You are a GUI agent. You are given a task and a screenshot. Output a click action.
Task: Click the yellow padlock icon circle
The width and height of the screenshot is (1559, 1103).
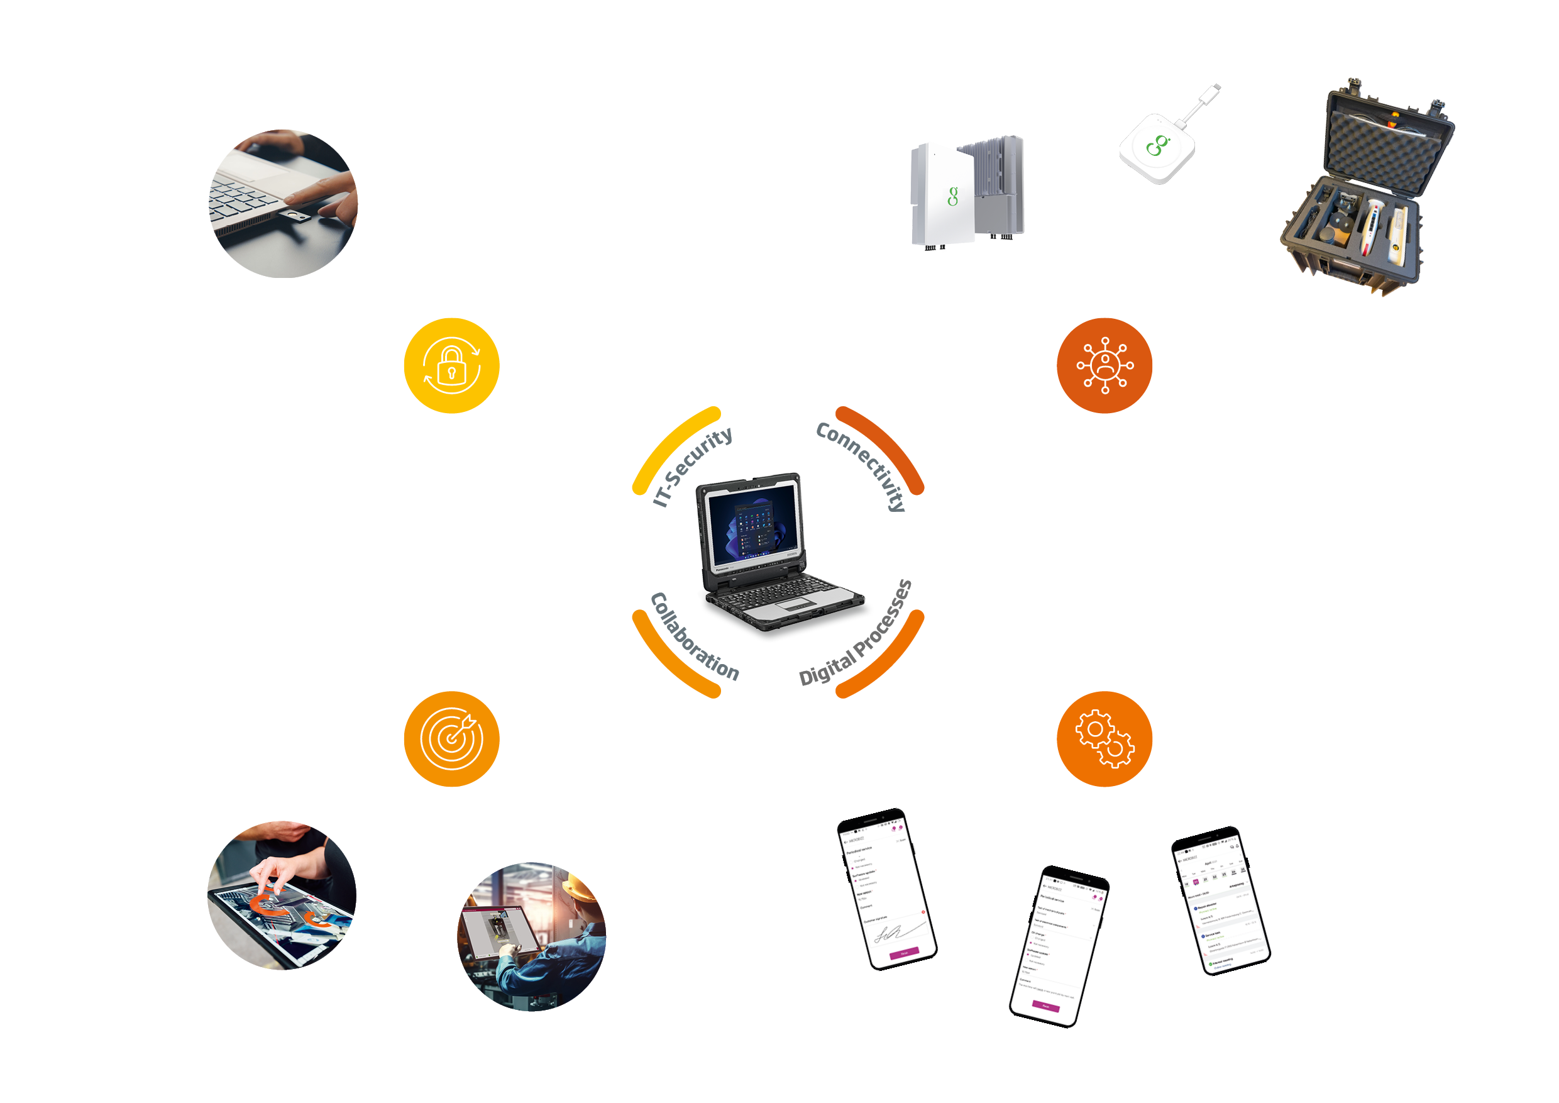pyautogui.click(x=451, y=365)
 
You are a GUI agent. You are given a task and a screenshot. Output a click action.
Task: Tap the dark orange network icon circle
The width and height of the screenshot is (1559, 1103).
pyautogui.click(x=1104, y=365)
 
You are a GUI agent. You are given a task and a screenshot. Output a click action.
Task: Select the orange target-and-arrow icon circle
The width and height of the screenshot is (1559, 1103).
pyautogui.click(x=451, y=739)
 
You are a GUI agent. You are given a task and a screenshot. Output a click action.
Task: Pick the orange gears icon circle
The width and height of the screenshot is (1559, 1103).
pyautogui.click(x=1104, y=739)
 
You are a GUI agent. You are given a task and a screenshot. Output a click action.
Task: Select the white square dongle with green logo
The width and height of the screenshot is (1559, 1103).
pyautogui.click(x=1158, y=146)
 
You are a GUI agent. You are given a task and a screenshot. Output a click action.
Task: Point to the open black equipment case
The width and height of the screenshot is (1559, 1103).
pyautogui.click(x=1365, y=190)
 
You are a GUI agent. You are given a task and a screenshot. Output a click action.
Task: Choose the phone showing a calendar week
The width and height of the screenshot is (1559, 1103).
pyautogui.click(x=1221, y=901)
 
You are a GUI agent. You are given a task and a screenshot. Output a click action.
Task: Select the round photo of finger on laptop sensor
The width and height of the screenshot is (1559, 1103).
pyautogui.click(x=283, y=204)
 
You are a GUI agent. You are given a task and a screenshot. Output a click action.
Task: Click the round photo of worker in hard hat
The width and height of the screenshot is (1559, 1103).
pyautogui.click(x=532, y=936)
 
